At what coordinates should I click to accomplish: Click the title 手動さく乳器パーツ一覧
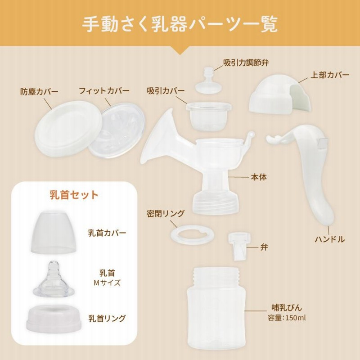[x=180, y=23]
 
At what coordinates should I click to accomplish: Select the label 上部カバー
[x=329, y=75]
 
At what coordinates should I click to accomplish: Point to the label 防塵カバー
[x=39, y=91]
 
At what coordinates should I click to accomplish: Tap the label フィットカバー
[x=104, y=91]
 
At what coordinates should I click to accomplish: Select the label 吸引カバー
[x=166, y=91]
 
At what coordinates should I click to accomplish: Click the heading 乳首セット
[x=73, y=195]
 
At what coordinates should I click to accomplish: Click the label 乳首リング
[x=107, y=318]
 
